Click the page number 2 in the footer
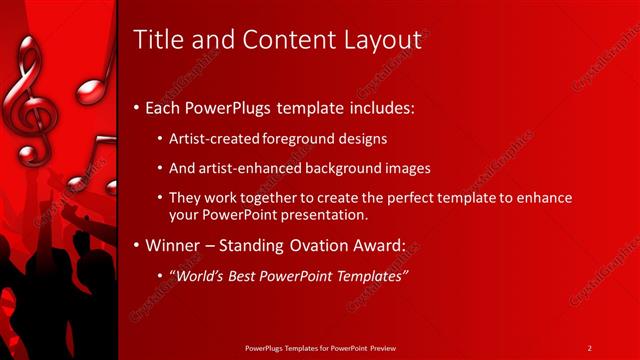point(590,347)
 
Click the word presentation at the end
point(332,213)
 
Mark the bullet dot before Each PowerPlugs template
point(137,107)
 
